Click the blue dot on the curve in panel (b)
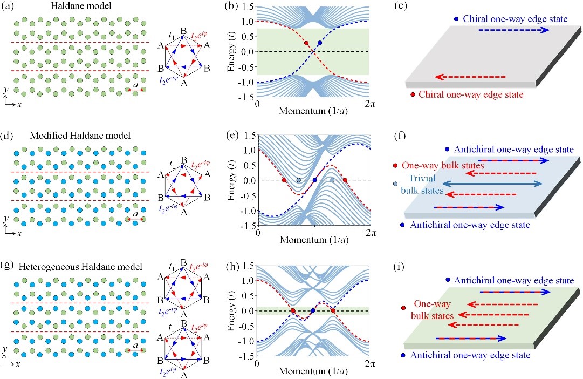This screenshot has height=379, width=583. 320,43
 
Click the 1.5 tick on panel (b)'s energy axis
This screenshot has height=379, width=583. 246,6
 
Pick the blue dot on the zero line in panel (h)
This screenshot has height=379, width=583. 313,310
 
